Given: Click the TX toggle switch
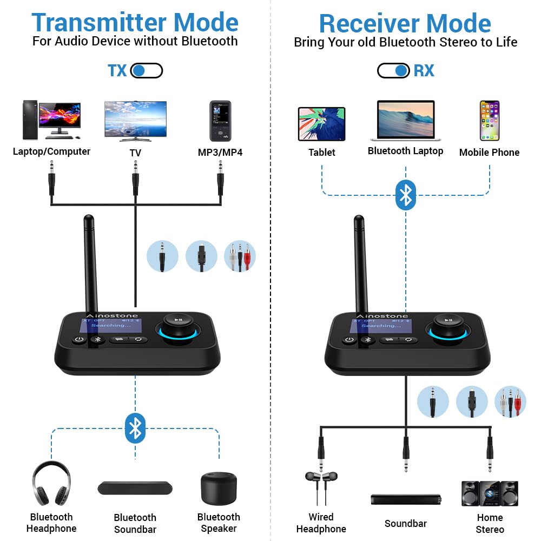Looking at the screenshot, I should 147,71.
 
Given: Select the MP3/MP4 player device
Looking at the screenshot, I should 220,121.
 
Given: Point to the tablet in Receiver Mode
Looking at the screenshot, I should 321,123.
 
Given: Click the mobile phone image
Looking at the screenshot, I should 489,121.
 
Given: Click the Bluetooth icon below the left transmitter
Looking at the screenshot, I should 135,428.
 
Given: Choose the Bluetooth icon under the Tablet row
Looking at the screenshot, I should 406,195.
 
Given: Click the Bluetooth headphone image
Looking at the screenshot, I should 51,483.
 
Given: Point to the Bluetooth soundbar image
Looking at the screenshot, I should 135,487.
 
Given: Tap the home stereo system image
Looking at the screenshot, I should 490,493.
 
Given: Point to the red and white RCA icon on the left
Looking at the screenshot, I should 240,256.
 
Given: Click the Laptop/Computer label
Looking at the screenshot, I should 51,151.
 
